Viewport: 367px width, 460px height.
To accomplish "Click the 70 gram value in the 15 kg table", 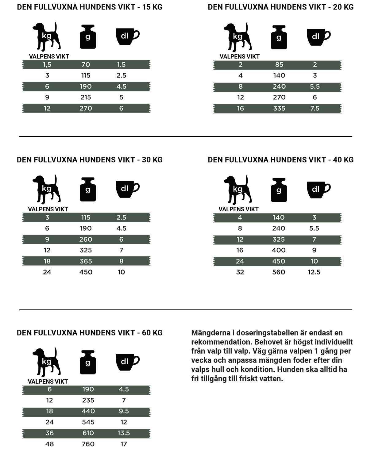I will (86, 65).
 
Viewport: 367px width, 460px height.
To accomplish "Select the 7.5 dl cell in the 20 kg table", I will (315, 109).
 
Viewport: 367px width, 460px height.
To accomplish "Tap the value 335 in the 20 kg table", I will (279, 109).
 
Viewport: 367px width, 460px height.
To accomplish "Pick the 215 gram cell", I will (86, 98).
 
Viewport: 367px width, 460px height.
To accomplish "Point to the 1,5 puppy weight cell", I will (47, 65).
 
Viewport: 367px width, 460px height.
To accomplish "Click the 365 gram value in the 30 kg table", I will (86, 261).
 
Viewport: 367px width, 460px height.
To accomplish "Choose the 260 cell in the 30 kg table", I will (86, 240).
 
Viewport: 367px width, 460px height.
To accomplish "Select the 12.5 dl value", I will (314, 272).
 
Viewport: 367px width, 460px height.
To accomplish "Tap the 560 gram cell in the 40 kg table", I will (279, 272).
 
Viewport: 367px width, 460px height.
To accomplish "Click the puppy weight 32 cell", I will (240, 272).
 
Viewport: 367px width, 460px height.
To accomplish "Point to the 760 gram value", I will (88, 444).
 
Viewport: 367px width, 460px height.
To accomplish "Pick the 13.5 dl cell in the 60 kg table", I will (124, 433).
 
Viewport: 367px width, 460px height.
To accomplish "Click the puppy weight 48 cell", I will (49, 444).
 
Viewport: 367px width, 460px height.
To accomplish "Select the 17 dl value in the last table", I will (124, 444).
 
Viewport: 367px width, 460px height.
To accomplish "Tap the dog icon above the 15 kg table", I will (47, 36).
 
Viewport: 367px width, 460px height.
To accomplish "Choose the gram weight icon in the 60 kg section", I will (88, 362).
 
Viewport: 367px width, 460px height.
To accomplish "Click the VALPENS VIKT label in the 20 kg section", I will (239, 56).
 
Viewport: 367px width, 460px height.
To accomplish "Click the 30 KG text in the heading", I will (152, 160).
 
